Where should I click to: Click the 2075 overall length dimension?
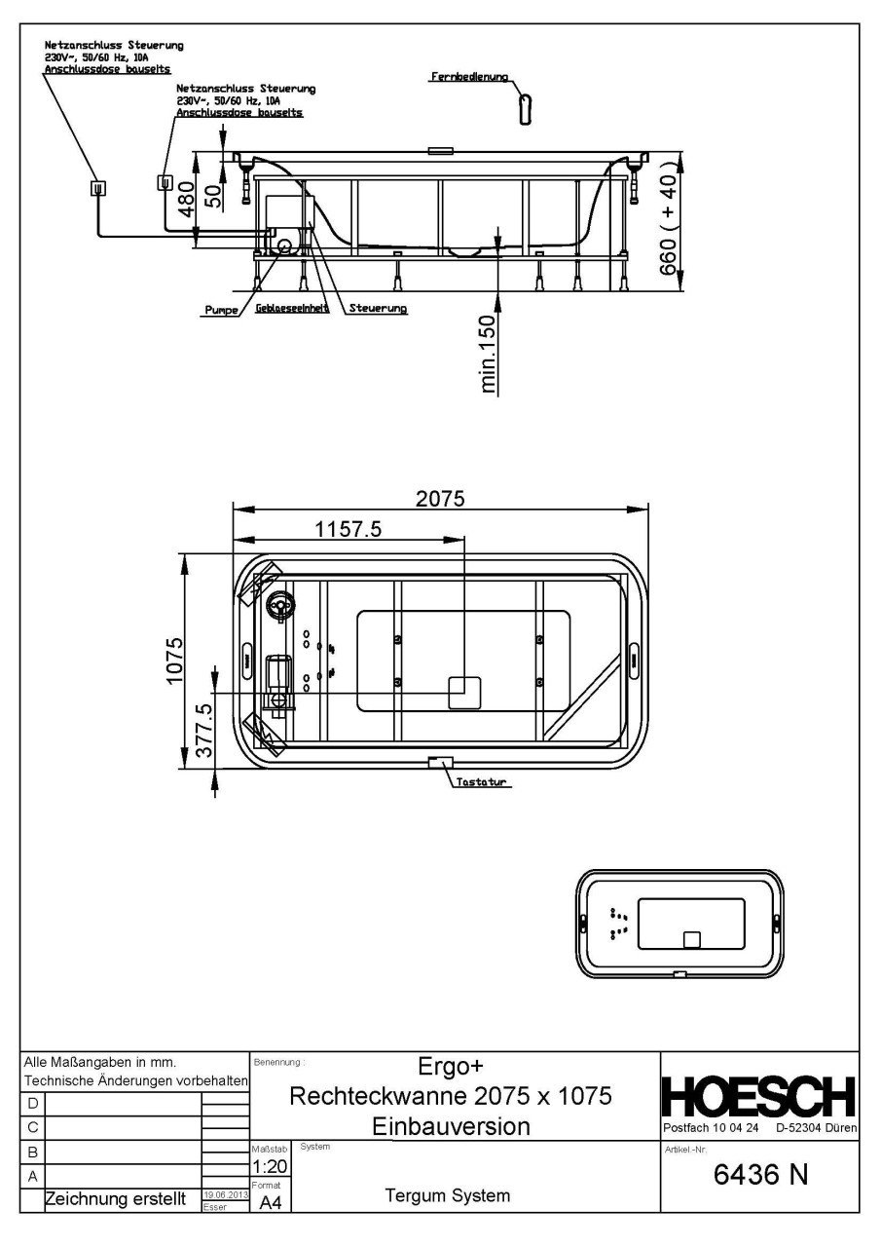click(440, 499)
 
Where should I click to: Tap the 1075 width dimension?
click(173, 661)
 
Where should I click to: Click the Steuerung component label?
click(378, 309)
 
